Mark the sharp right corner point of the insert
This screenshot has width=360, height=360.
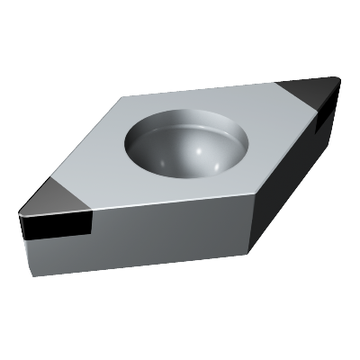pyautogui.click(x=340, y=80)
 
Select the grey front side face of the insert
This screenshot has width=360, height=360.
pyautogui.click(x=162, y=236)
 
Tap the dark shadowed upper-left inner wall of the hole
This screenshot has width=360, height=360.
pyautogui.click(x=144, y=135)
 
